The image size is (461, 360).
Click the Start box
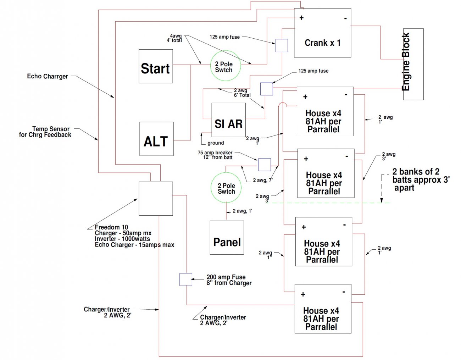(x=156, y=66)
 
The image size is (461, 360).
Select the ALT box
(x=157, y=139)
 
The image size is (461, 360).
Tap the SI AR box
(x=229, y=120)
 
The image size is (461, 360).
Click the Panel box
(x=227, y=238)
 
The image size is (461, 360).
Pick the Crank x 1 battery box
(x=322, y=33)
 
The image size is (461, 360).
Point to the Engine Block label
(x=406, y=61)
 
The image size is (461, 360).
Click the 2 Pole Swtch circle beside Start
(x=226, y=66)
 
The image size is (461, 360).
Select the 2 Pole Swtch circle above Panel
(x=226, y=187)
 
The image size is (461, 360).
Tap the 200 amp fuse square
(x=186, y=279)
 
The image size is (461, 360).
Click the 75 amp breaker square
(x=265, y=165)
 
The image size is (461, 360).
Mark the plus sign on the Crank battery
(x=301, y=18)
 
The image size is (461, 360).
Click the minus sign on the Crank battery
(x=345, y=19)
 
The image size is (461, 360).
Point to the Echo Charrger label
(x=48, y=76)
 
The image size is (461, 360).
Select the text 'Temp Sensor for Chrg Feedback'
(x=45, y=132)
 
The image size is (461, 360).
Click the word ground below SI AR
(x=216, y=143)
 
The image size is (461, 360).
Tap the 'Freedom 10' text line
(x=111, y=227)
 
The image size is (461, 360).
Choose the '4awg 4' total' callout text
(x=174, y=38)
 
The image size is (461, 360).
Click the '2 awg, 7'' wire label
(x=263, y=180)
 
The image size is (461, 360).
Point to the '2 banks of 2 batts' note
(x=421, y=180)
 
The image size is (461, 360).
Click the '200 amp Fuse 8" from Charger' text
(x=229, y=280)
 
